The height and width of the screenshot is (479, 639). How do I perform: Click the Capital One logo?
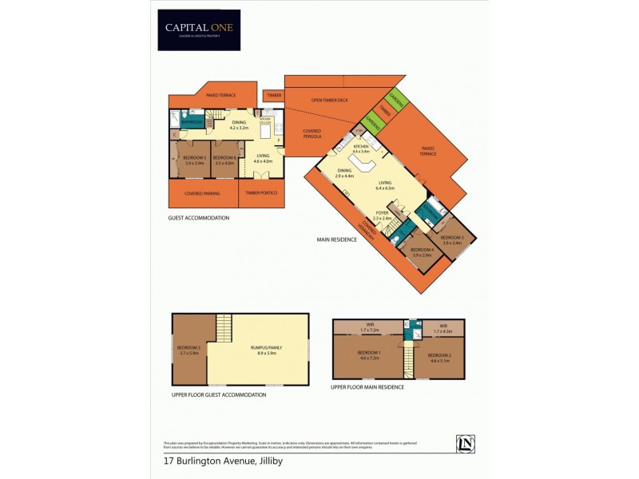198,30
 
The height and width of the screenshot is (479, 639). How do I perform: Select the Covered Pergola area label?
311,134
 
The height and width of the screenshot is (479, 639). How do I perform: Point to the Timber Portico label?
260,193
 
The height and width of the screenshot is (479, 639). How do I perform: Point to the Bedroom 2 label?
439,354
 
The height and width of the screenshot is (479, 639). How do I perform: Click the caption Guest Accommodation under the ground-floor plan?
198,218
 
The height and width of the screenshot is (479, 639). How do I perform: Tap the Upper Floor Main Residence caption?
367,387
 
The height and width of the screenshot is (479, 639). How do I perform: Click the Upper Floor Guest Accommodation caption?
218,394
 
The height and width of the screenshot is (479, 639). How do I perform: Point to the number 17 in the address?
169,461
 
